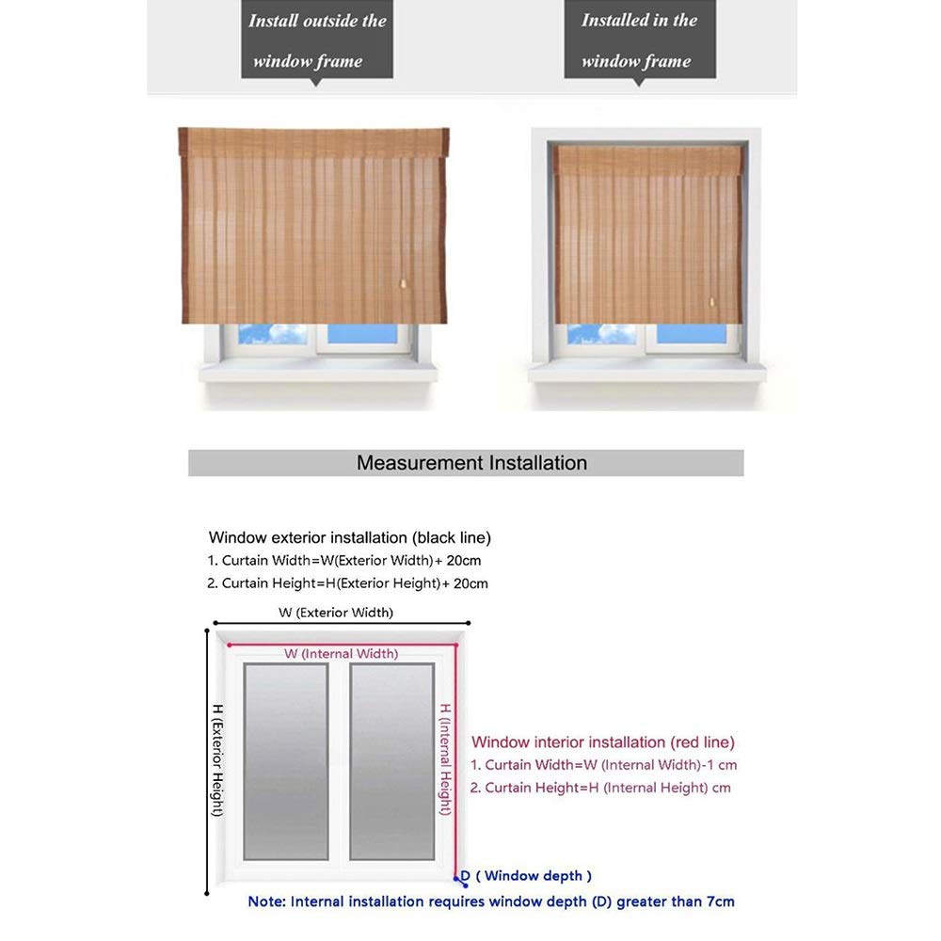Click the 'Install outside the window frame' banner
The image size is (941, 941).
[318, 40]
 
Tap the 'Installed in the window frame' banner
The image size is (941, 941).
[639, 40]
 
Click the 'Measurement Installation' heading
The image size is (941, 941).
[470, 463]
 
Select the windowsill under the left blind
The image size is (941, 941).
[318, 373]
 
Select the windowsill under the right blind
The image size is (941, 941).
[646, 373]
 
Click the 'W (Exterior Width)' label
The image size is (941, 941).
[335, 613]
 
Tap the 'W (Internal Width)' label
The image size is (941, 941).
[341, 653]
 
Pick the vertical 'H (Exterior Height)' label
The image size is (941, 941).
[216, 759]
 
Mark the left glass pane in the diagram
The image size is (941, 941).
[285, 760]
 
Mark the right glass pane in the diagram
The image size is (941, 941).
[391, 760]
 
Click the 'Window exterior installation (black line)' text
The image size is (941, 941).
[349, 538]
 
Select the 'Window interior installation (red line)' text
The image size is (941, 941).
[602, 742]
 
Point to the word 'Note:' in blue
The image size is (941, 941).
[267, 901]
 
